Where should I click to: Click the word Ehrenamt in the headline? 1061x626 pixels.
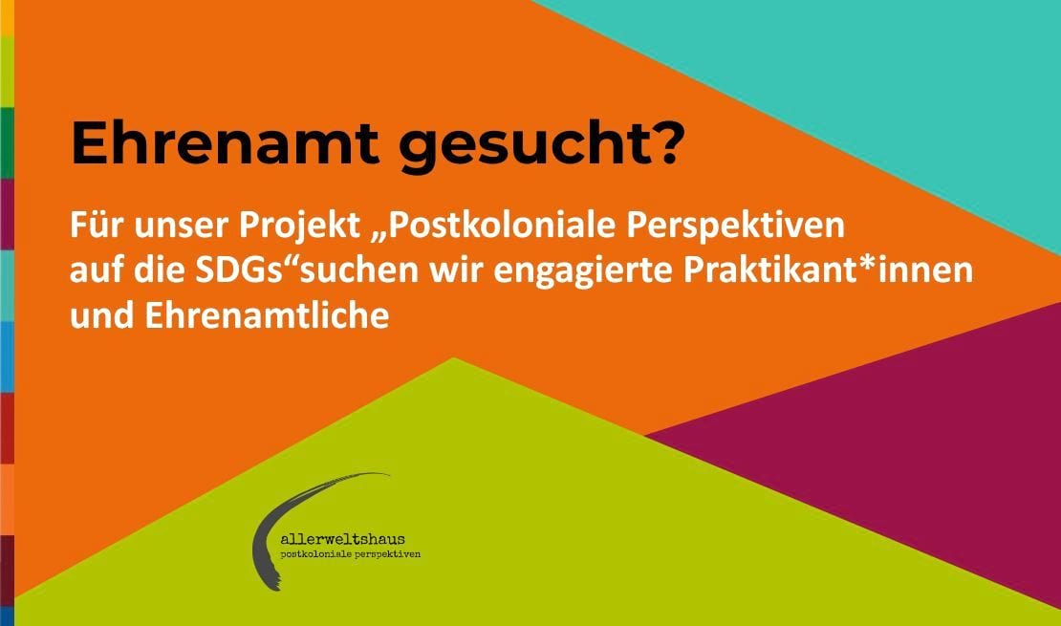tap(225, 142)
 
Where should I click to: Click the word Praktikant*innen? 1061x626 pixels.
tap(828, 270)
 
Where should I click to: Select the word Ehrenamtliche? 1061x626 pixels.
tap(268, 315)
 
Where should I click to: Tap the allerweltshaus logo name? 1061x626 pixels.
tap(342, 539)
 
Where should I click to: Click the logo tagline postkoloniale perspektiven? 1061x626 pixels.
tap(351, 554)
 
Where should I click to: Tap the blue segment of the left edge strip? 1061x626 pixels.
tap(7, 356)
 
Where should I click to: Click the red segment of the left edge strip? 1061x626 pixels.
tap(7, 428)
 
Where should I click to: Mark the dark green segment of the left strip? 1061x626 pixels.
tap(7, 142)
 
